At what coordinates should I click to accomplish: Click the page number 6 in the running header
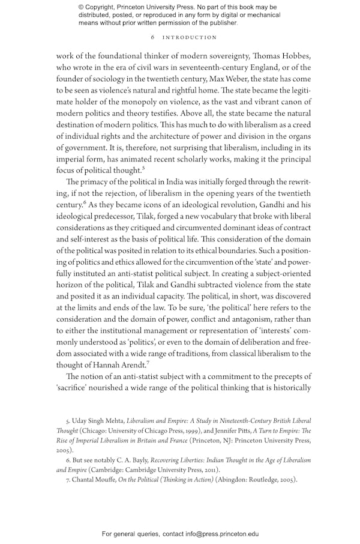click(153, 37)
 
